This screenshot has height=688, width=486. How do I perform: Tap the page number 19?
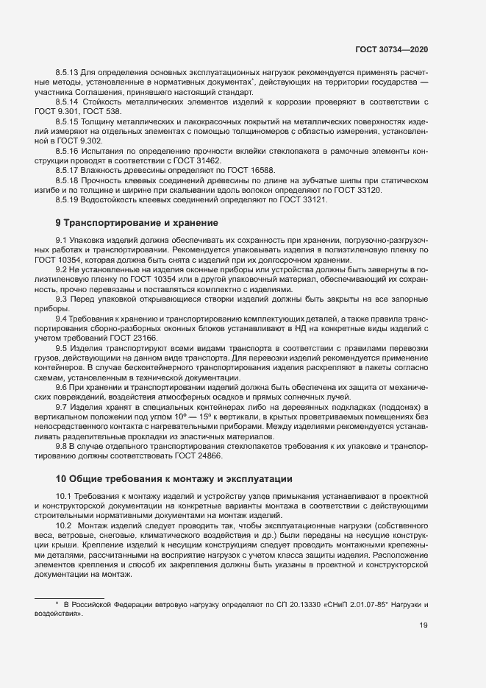click(x=424, y=625)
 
